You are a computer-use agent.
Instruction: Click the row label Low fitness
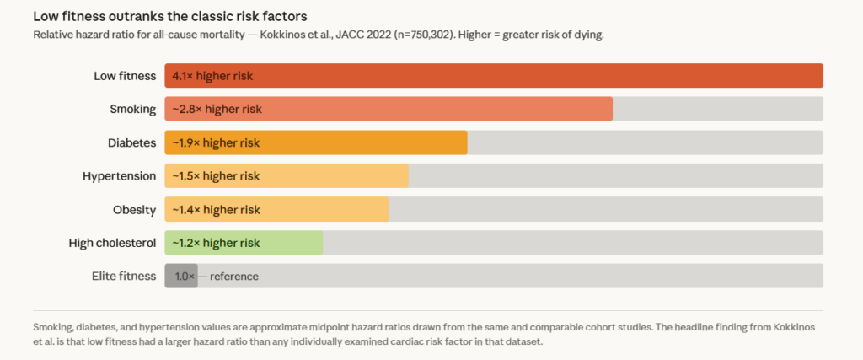point(125,76)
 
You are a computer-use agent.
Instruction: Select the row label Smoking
point(133,109)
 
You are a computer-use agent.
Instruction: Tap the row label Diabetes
point(132,142)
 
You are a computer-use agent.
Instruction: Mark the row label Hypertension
point(119,175)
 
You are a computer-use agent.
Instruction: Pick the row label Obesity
point(135,209)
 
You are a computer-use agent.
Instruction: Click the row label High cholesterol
point(112,243)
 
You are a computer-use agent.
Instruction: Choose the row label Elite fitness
point(124,276)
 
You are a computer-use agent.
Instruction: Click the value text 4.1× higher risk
point(212,76)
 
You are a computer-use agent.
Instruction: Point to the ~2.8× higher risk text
point(217,109)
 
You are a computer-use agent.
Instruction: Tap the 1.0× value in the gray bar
point(185,276)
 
